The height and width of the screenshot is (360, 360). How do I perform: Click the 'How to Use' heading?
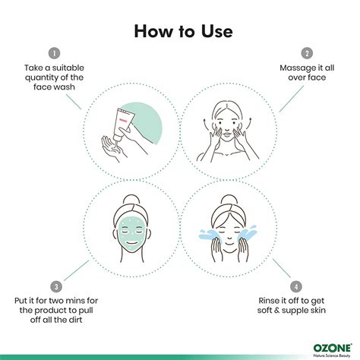183,31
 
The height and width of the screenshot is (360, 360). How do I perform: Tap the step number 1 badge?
54,53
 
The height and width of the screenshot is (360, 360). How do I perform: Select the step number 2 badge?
307,53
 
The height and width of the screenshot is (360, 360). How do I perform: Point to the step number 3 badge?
56,287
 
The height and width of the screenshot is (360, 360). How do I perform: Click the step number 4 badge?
296,287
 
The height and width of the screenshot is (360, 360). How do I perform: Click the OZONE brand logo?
333,349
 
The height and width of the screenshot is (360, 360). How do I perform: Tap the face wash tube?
123,124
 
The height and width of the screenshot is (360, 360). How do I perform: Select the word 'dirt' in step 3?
74,320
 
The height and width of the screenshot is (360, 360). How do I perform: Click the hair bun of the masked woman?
131,200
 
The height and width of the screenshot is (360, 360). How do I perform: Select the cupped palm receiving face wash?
112,148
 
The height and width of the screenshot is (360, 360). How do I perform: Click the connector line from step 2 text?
292,99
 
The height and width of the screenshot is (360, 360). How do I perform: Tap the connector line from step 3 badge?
76,270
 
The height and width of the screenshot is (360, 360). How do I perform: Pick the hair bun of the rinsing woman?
229,200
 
